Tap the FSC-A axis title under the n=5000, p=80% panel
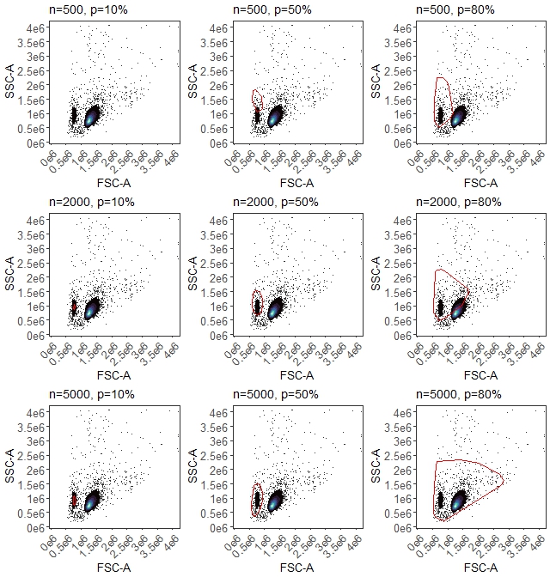point(480,568)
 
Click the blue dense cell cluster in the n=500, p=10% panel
point(91,116)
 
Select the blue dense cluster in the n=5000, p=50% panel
point(276,501)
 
